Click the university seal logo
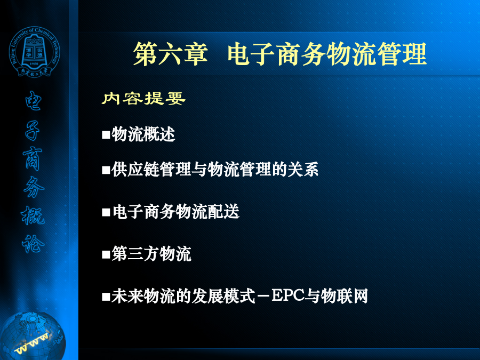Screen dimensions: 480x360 pos(34,52)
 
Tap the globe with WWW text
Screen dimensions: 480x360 pos(33,336)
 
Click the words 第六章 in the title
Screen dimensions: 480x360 pos(171,54)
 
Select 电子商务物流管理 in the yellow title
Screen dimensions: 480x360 pos(327,54)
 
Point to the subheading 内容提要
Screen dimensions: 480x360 pos(143,99)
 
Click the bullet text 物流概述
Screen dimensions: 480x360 pos(143,134)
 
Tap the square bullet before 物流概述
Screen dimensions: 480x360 pos(106,135)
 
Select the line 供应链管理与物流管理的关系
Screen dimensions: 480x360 pos(215,169)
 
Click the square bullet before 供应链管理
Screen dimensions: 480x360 pos(106,170)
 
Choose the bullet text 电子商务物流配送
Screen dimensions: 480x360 pos(175,212)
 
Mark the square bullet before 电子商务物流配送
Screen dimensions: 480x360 pos(106,212)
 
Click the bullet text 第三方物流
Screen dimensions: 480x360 pos(151,254)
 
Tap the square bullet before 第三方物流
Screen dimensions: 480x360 pos(106,254)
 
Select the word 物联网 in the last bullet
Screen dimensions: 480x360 pos(345,296)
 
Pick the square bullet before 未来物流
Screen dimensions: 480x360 pos(106,297)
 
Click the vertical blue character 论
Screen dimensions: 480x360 pos(33,244)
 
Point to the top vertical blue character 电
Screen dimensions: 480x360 pos(33,101)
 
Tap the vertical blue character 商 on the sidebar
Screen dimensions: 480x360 pos(33,158)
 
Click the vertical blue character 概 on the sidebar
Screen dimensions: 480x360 pos(33,215)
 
